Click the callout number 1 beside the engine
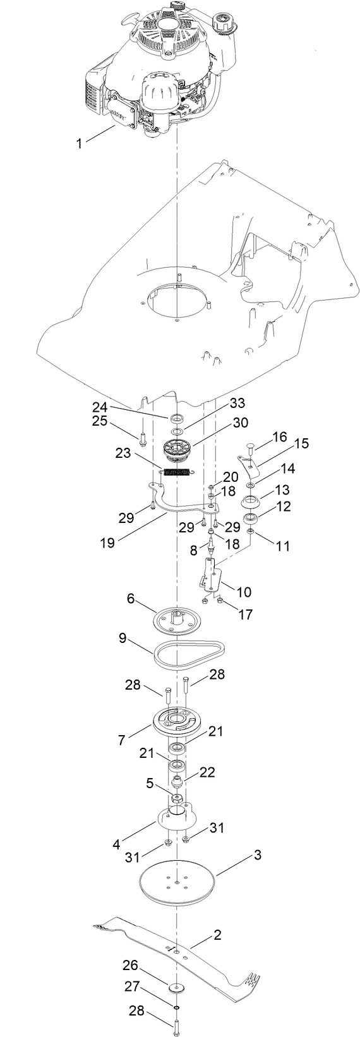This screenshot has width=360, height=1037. click(79, 143)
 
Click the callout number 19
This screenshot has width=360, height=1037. click(107, 542)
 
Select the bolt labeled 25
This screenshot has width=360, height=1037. click(143, 437)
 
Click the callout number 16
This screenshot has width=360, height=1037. click(279, 437)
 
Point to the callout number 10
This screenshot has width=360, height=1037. click(243, 592)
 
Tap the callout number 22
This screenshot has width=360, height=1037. click(208, 772)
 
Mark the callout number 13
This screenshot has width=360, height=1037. click(283, 490)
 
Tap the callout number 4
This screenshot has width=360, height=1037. click(116, 843)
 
